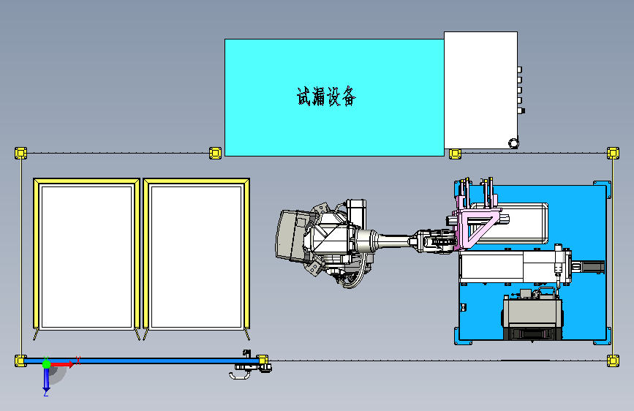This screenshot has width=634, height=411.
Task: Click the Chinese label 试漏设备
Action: (326, 97)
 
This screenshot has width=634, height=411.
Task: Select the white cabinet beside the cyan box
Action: (480, 90)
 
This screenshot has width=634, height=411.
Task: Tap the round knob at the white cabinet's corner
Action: (513, 143)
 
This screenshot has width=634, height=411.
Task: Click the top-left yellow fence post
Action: (21, 153)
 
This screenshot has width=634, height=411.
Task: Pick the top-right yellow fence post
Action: (613, 153)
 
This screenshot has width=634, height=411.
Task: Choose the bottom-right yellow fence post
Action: (613, 361)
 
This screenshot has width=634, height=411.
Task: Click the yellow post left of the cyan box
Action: (215, 153)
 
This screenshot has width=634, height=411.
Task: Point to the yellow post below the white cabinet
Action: (455, 154)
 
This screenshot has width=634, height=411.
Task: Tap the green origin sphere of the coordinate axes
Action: (47, 364)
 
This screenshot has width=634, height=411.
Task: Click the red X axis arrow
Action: (62, 364)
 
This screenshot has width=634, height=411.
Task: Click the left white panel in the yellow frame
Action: (87, 257)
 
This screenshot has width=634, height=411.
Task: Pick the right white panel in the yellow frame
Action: (197, 257)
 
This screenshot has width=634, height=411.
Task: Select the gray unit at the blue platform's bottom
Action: (532, 315)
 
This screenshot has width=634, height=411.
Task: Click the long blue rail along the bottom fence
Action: (142, 361)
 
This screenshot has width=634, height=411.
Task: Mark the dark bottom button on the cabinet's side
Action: (521, 110)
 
